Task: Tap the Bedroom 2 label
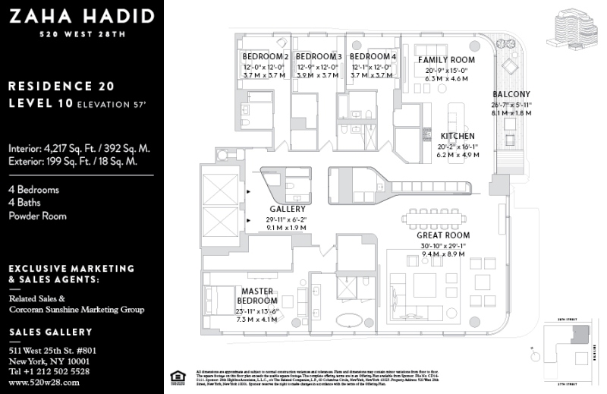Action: [x=265, y=57]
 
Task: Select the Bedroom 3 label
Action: [x=318, y=57]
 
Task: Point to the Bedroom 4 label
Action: [x=372, y=57]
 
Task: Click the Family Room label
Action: [x=446, y=60]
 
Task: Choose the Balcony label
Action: [x=511, y=94]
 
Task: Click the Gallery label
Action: [x=288, y=209]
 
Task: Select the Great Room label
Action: [x=443, y=235]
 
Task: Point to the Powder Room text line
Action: [x=37, y=216]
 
